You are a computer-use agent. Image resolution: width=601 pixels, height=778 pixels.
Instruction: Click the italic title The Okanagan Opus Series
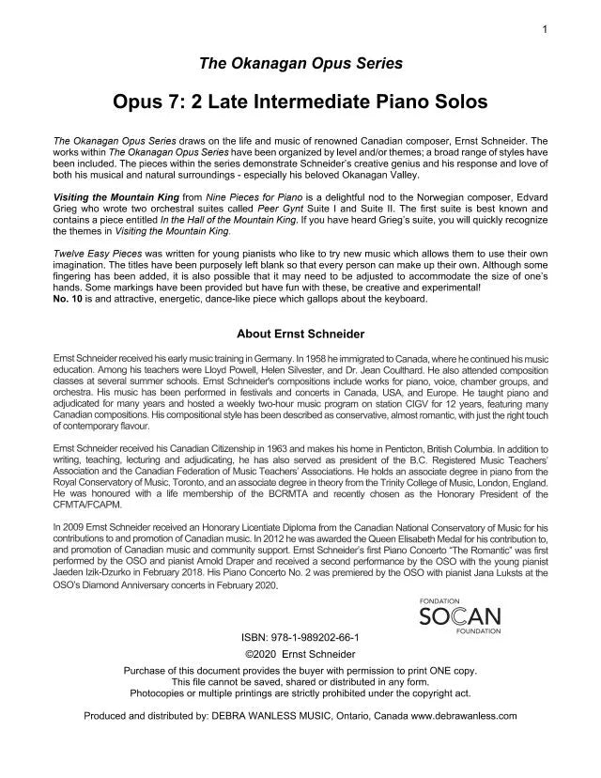pos(300,64)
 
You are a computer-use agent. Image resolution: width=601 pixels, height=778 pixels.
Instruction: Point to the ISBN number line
pos(300,638)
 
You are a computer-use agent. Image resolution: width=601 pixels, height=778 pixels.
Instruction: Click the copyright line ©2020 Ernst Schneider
pos(300,653)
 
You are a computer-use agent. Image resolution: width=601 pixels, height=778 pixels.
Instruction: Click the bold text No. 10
pos(69,299)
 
